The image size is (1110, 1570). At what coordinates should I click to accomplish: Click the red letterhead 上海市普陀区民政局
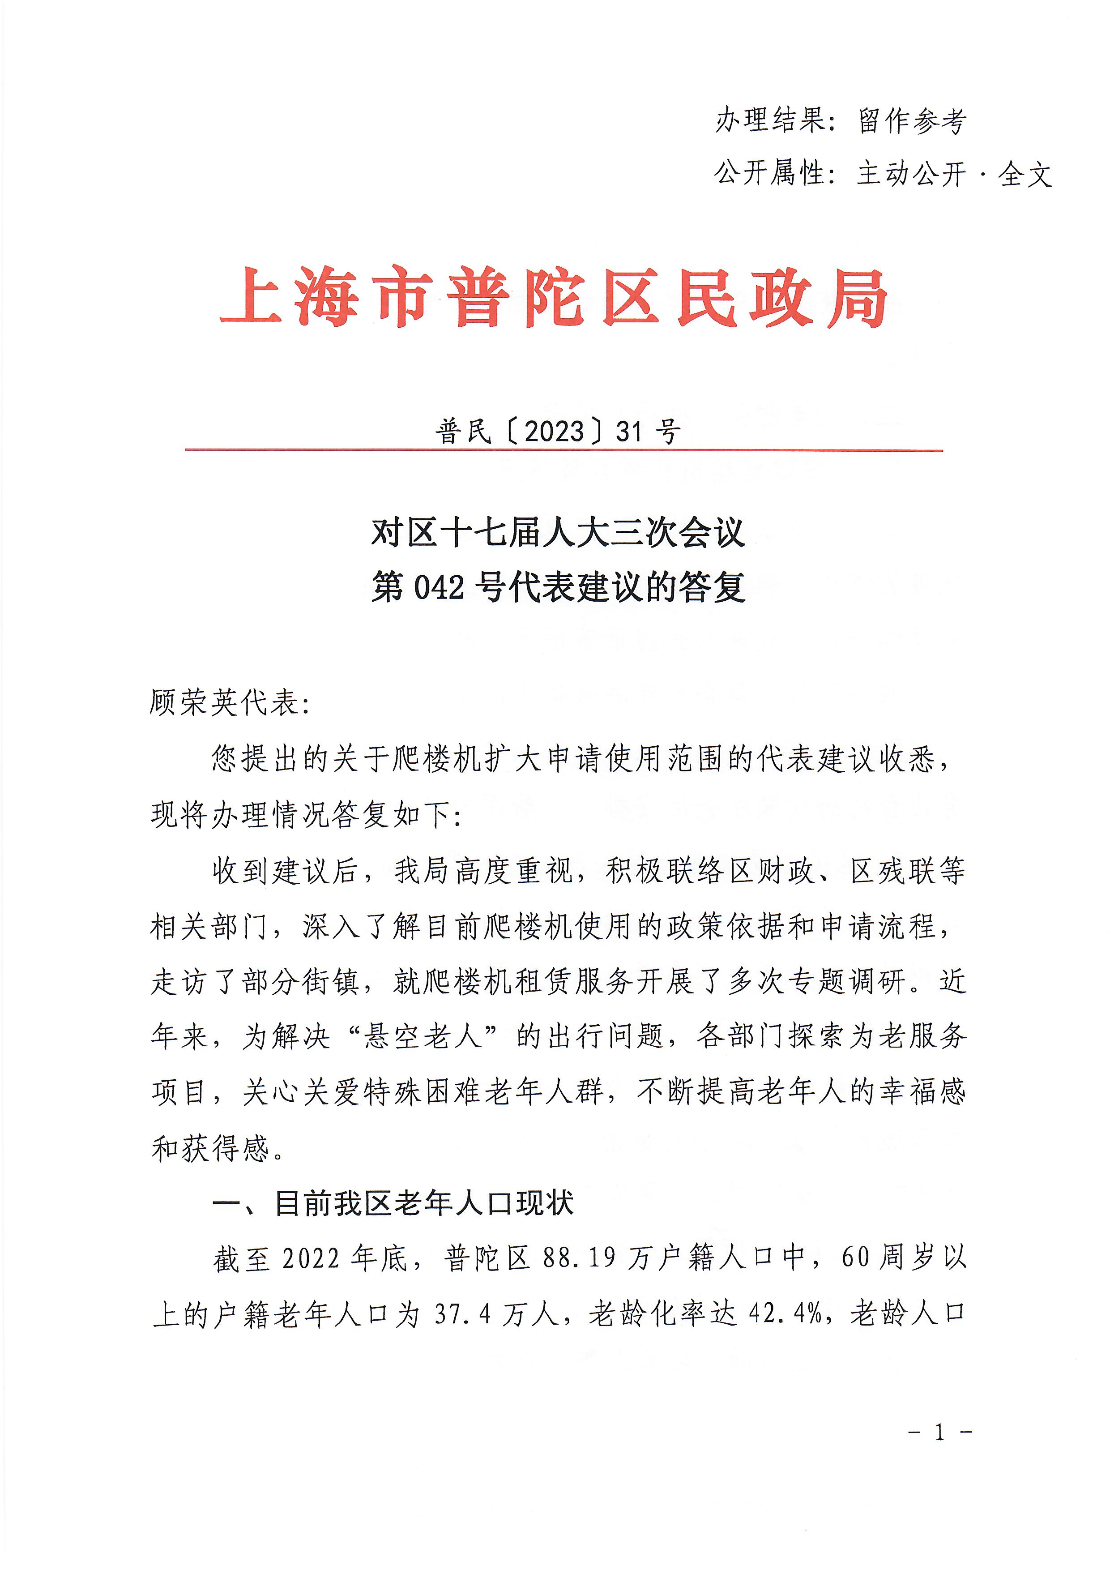pos(554,298)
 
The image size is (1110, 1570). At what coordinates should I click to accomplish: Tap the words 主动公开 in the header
pos(912,174)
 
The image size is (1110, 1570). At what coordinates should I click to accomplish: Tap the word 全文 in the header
pos(1024,174)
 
